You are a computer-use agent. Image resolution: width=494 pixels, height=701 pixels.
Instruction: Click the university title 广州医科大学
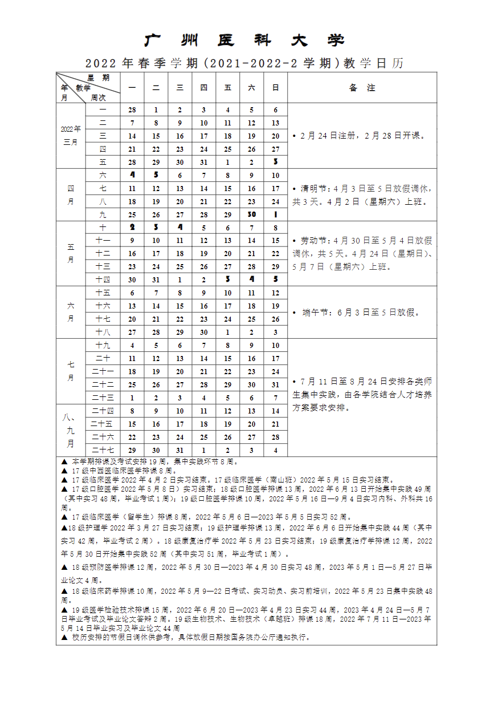[246, 40]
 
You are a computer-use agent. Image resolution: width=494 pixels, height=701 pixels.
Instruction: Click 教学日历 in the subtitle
[373, 63]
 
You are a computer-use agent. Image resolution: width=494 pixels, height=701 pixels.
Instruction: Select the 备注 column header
[362, 88]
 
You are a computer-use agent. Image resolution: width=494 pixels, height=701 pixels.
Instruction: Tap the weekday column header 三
[179, 88]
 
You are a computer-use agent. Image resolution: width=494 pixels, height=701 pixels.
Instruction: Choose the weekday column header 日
[275, 88]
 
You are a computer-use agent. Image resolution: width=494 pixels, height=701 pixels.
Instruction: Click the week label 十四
[103, 279]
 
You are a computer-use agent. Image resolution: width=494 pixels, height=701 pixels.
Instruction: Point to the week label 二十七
[103, 450]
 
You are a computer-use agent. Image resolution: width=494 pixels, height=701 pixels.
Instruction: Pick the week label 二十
[103, 358]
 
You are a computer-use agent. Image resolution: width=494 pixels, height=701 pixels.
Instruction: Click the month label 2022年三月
[71, 136]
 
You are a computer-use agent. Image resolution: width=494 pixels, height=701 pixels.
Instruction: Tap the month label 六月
[71, 312]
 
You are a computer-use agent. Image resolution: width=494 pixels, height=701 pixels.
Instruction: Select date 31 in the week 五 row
[203, 162]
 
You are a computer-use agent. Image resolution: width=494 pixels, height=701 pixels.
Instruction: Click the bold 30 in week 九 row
[251, 214]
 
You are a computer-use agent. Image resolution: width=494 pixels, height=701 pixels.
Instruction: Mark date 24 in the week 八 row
[275, 201]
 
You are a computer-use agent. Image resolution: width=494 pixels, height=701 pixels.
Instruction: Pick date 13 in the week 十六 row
[132, 306]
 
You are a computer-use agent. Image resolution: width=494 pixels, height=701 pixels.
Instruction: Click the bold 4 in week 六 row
[132, 175]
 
